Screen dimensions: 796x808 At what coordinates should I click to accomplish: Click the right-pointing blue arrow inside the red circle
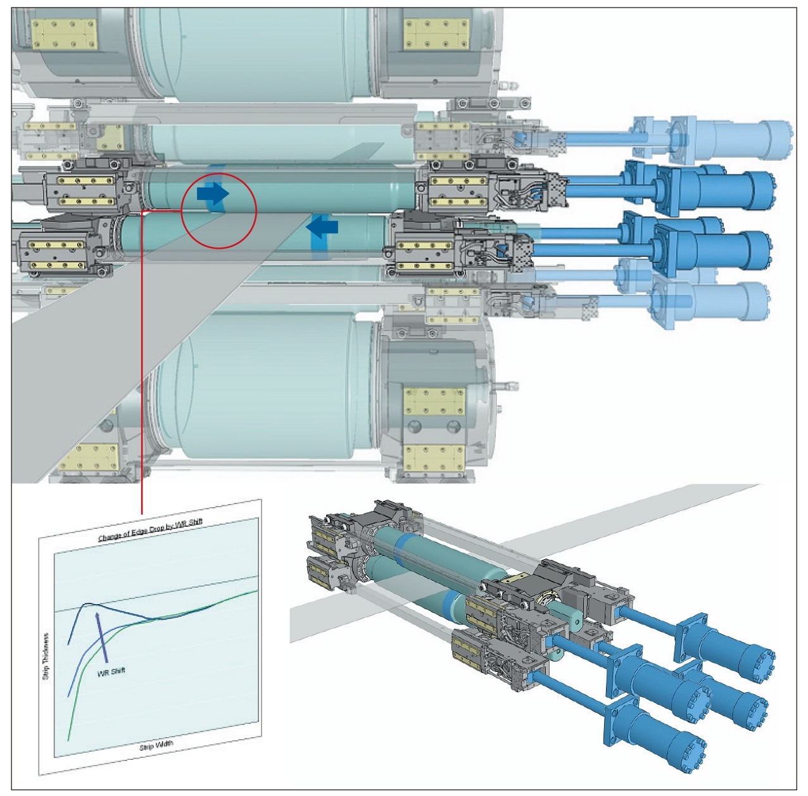tap(213, 193)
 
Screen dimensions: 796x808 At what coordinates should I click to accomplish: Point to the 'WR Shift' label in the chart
tap(111, 671)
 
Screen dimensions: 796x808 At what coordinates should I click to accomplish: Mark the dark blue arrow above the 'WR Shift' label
tap(101, 636)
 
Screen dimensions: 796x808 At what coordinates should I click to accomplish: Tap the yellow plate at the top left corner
tap(65, 34)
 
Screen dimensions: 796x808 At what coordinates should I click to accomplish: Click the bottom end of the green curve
tap(69, 738)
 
